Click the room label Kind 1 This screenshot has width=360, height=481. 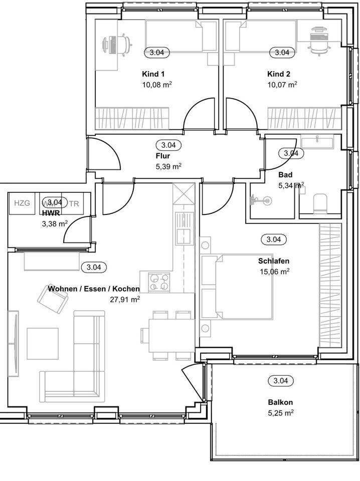click(x=157, y=74)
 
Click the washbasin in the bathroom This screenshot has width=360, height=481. click(x=317, y=142)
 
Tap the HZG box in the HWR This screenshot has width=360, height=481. click(x=22, y=203)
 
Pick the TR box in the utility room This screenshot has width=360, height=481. click(x=74, y=203)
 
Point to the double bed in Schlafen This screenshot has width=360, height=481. click(x=237, y=287)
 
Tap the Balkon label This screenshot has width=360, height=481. click(x=280, y=402)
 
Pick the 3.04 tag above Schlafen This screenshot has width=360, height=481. click(x=273, y=239)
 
